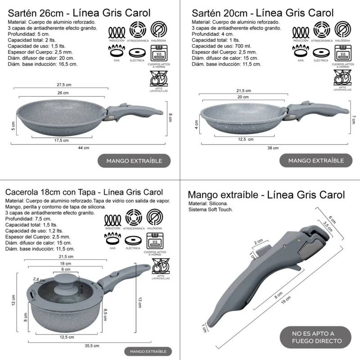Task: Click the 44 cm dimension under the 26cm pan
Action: tap(84, 148)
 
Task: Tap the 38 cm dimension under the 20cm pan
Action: tap(273, 148)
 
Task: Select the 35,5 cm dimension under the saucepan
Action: tap(92, 346)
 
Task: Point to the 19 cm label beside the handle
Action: tap(286, 300)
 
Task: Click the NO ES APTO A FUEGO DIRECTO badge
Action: tap(315, 337)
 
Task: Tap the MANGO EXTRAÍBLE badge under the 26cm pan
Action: tap(134, 161)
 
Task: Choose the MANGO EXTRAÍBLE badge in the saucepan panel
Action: tap(148, 351)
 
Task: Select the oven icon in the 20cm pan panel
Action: tap(343, 53)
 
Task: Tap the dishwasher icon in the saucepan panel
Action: tap(161, 266)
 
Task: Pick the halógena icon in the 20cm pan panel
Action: tap(342, 29)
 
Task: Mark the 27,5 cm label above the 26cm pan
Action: tap(64, 85)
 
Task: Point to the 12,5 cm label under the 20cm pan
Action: tap(246, 139)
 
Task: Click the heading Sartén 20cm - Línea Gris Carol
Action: tap(262, 13)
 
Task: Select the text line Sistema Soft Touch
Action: tap(211, 209)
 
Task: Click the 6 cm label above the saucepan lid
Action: tap(66, 269)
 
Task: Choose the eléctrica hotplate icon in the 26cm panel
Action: tap(137, 53)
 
